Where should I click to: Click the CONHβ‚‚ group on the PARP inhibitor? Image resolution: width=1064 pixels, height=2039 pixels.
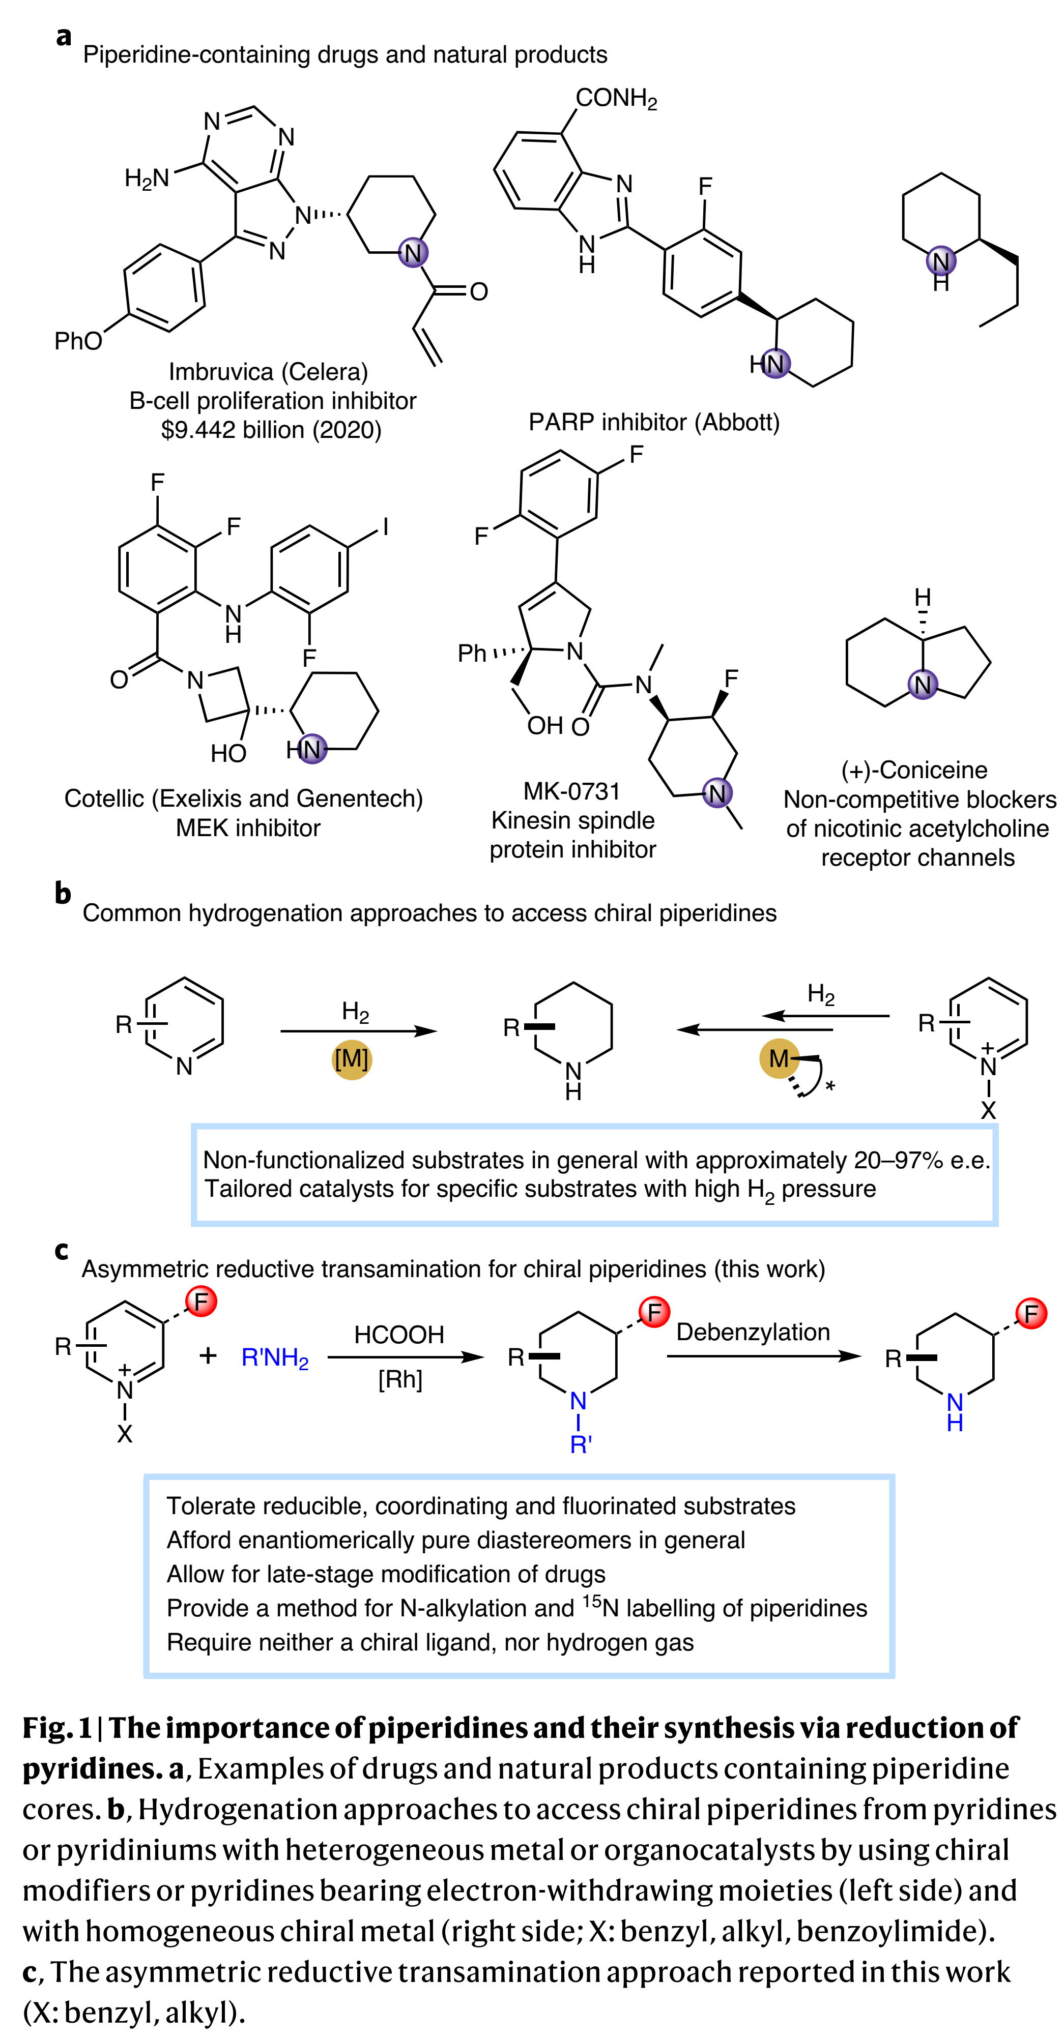tap(616, 99)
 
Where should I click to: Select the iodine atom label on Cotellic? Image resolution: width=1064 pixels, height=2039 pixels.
tap(386, 526)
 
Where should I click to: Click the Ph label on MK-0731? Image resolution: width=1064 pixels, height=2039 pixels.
tap(473, 653)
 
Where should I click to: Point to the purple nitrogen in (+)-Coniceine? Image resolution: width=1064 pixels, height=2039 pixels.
tap(923, 685)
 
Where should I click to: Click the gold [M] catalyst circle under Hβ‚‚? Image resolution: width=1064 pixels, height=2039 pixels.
tap(352, 1059)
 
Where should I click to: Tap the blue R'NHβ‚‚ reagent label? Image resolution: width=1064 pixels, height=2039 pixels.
tap(275, 1358)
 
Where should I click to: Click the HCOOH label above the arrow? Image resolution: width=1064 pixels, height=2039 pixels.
tap(399, 1335)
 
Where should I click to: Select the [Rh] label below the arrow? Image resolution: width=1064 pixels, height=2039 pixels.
tap(400, 1380)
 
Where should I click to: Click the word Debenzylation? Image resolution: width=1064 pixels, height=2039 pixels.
tap(753, 1332)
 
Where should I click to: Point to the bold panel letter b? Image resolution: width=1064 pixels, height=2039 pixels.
tap(63, 894)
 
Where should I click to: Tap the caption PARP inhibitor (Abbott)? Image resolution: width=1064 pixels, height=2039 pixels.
tap(654, 422)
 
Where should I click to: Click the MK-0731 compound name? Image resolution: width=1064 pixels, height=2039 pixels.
tap(571, 791)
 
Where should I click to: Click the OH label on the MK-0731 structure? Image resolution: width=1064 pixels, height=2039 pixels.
tap(544, 726)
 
